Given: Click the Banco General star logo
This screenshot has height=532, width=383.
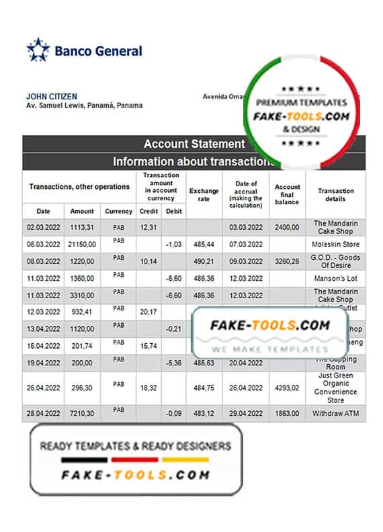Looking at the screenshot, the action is click(38, 50).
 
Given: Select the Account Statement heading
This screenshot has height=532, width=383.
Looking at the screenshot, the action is click(194, 144).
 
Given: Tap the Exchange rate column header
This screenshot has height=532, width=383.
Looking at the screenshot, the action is click(204, 195).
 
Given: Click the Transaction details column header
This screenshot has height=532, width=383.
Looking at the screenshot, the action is click(336, 195).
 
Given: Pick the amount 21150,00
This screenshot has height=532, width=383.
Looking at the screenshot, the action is click(83, 245).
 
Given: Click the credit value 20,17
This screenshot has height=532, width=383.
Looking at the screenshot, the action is click(148, 312).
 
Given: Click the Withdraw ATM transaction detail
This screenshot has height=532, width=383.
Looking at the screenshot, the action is click(336, 414).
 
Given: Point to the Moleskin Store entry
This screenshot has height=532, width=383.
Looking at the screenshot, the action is click(336, 245).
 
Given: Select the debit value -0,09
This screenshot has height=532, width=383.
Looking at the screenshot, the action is click(173, 414).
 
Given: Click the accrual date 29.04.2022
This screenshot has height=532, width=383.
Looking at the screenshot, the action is click(245, 414).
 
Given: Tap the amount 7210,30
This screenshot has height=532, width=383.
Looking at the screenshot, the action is click(83, 414).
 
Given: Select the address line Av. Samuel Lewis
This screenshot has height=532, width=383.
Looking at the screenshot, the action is click(84, 105).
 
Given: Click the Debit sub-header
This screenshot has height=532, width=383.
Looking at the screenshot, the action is click(173, 211).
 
